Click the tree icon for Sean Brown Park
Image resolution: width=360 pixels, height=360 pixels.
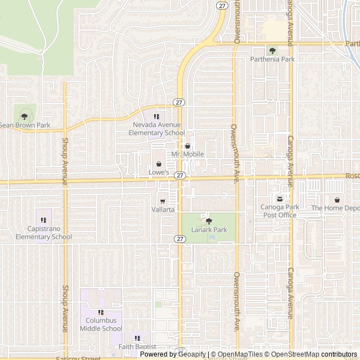coord(24,116)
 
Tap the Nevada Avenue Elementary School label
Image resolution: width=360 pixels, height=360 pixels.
coord(156,129)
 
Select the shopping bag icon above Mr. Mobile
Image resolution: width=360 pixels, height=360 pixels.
coord(188,146)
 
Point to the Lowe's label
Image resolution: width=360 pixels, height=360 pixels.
coord(159,172)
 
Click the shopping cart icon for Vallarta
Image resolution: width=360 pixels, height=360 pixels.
coord(163,201)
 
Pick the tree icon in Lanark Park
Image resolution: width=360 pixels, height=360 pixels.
coord(209,221)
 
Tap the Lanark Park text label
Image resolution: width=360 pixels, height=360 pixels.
coord(209,229)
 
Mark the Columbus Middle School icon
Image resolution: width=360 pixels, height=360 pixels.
coord(101,312)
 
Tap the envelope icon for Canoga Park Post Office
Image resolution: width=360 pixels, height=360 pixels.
coord(280,199)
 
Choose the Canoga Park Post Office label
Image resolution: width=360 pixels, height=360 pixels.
coord(280,211)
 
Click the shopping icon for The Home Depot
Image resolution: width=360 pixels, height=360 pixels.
coord(337,200)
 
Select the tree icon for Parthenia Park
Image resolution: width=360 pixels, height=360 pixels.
coord(272,51)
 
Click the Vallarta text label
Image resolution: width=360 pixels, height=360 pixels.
coord(163,209)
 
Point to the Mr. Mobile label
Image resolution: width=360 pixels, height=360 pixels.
coord(188,154)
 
